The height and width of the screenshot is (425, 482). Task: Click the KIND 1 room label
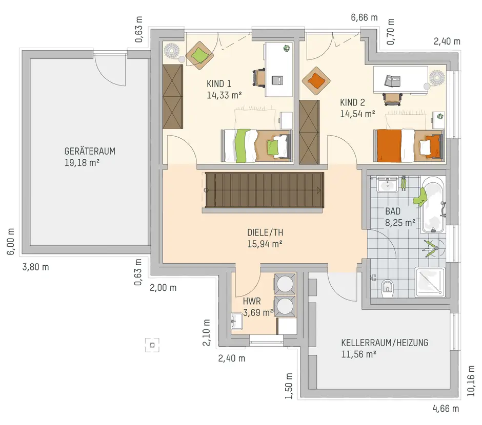point(219,83)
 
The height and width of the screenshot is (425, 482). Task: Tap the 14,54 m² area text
point(357,114)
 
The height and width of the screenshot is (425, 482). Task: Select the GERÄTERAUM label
point(90,151)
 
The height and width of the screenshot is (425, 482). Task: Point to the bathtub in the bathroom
point(433,206)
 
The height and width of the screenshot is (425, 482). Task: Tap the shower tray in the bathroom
point(430,282)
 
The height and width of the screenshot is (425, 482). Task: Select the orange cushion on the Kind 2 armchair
point(316,81)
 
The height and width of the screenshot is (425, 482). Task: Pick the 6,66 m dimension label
point(364,17)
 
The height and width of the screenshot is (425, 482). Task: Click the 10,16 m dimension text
point(471,380)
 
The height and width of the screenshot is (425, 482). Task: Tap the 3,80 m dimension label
point(36,267)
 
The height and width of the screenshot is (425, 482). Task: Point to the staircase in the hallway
point(265,190)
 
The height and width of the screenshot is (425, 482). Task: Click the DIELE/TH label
point(265,232)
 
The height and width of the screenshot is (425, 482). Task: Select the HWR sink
point(237,321)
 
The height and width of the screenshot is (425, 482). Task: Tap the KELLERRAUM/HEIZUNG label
point(385,343)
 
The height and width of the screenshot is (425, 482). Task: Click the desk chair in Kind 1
point(259,78)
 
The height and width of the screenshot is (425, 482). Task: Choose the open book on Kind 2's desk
point(393,80)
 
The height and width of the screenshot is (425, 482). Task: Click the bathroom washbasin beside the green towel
point(387,184)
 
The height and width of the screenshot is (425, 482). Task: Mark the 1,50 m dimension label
point(289,386)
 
